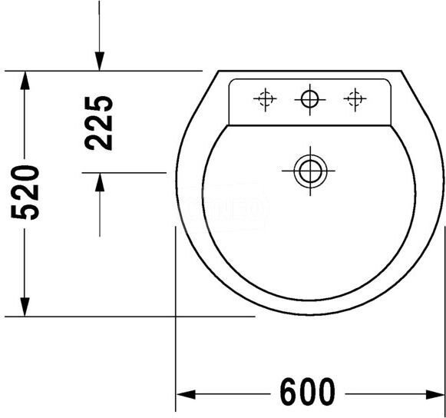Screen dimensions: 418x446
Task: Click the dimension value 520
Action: click(x=28, y=191)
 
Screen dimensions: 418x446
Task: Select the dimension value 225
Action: click(x=100, y=122)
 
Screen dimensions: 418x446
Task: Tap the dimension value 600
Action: click(x=307, y=393)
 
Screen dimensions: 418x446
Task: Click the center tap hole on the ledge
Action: click(x=309, y=98)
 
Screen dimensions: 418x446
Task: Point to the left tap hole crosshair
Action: click(x=265, y=98)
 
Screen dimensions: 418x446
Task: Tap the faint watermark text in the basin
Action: click(x=230, y=206)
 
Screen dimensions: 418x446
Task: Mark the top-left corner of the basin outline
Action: click(x=219, y=71)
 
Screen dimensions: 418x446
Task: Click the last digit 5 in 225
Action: click(x=100, y=104)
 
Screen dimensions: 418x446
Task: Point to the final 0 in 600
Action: click(x=325, y=393)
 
